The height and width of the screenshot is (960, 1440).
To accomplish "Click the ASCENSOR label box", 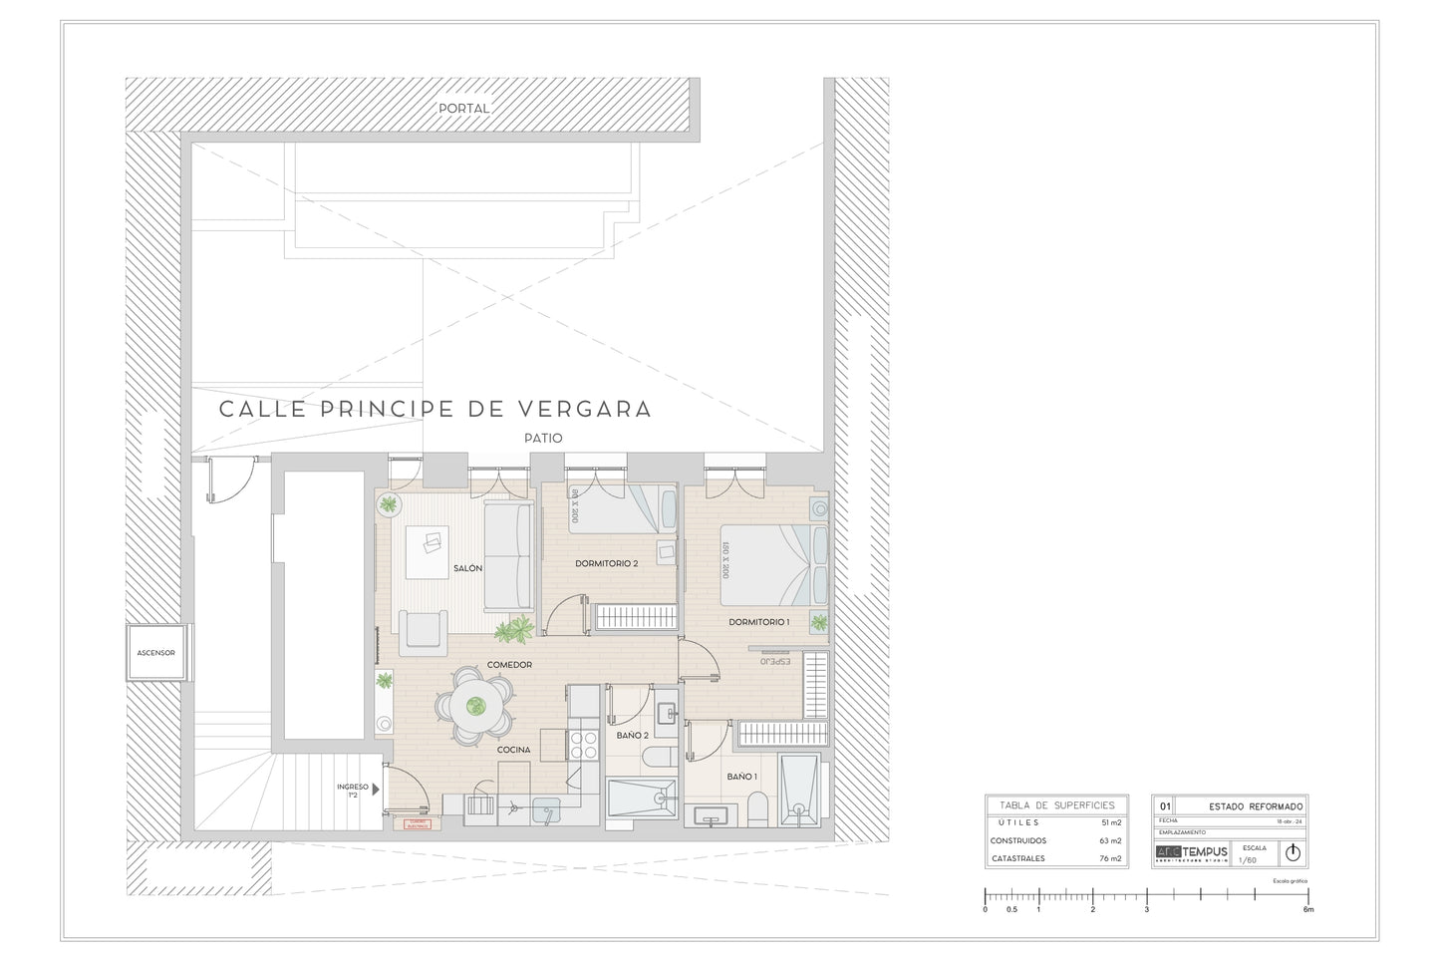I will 156,653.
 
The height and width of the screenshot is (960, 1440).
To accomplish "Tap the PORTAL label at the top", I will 464,108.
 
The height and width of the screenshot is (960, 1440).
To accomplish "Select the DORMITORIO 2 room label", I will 606,564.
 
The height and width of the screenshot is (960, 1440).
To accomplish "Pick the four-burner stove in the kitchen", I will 582,745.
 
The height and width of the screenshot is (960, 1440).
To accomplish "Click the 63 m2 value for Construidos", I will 1110,840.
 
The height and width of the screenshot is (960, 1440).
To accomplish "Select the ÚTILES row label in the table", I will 1018,822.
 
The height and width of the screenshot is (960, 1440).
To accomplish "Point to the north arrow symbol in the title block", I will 1293,852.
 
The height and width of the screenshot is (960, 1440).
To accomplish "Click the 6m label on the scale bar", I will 1308,909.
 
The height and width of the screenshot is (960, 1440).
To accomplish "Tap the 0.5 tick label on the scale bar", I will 1011,909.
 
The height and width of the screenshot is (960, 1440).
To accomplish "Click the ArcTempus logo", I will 1192,851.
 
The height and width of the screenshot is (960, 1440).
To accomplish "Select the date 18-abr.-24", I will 1289,820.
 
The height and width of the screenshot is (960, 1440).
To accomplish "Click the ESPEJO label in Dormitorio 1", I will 774,661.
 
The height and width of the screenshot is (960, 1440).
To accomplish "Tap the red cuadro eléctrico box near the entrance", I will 417,824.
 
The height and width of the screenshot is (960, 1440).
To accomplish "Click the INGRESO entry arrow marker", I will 377,789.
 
